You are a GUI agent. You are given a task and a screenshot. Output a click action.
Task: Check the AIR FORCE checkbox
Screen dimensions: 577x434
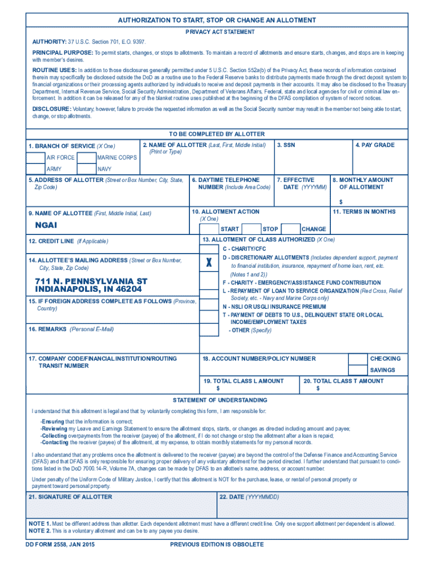pos(36,158)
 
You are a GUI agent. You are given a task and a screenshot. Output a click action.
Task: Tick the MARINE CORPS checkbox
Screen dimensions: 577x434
pos(86,158)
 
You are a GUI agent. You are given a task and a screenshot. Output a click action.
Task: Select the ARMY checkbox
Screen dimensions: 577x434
pos(36,169)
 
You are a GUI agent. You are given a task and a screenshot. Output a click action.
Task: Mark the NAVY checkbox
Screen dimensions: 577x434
pos(86,169)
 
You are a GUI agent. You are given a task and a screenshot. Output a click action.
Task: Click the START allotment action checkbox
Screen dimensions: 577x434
pos(209,229)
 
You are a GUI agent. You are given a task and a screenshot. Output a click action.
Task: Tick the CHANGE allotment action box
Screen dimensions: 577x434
pos(290,229)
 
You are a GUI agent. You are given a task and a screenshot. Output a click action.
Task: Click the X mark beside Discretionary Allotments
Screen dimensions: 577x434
pos(209,263)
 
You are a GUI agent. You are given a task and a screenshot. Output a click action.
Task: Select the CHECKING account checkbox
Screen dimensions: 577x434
pos(358,359)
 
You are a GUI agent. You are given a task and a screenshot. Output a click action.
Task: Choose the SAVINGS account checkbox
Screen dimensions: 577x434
pos(358,370)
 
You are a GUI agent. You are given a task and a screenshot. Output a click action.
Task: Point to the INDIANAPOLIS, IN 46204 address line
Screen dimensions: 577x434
pos(88,289)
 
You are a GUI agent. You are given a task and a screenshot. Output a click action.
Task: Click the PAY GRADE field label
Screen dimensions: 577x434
pos(375,145)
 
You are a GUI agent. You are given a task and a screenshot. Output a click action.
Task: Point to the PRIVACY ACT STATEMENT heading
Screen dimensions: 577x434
pos(220,32)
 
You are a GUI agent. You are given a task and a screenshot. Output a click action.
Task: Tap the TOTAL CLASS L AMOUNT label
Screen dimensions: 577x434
pos(243,381)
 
